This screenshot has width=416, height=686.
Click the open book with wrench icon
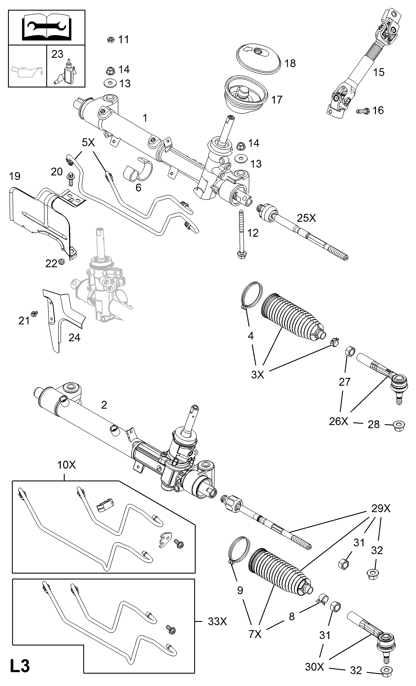tap(46, 27)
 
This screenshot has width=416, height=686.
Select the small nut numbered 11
tap(110, 40)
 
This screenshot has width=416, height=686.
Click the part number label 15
tap(378, 72)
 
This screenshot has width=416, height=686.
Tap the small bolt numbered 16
tap(363, 111)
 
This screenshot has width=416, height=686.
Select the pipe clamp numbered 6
tap(138, 170)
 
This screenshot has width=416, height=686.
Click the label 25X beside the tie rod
tap(306, 218)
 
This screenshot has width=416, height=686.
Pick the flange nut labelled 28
tap(398, 433)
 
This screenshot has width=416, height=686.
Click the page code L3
tap(20, 667)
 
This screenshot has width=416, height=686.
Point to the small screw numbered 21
tap(34, 314)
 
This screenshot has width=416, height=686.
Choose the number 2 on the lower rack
tap(104, 405)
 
